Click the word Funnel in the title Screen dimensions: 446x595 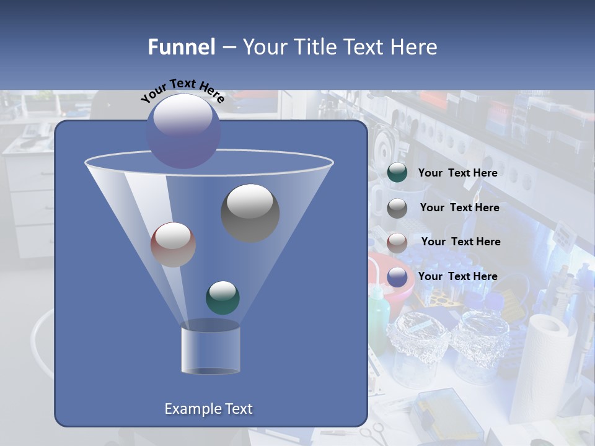[x=181, y=47]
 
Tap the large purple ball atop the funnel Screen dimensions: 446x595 [x=183, y=131]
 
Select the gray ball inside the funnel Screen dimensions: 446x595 [x=250, y=212]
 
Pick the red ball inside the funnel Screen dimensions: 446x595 [x=173, y=245]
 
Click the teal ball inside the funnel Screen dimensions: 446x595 [x=223, y=297]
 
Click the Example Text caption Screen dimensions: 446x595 [x=209, y=409]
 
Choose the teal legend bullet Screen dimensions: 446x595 [x=397, y=173]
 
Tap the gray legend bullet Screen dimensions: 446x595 [x=397, y=208]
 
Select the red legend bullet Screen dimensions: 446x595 [x=397, y=242]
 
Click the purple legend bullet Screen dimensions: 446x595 [x=397, y=277]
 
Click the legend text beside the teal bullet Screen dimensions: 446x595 [x=457, y=173]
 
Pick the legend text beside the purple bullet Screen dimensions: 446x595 [x=457, y=276]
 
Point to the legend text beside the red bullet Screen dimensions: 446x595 [x=461, y=242]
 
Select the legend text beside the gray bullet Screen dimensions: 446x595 [x=459, y=208]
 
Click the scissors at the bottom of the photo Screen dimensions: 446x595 [x=375, y=434]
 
